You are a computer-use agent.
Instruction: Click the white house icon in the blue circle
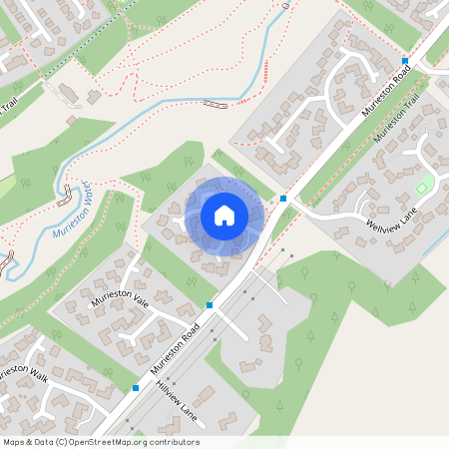pos(224,215)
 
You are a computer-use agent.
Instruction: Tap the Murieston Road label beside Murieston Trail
pos(386,88)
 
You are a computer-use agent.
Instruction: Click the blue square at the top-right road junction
pos(405,60)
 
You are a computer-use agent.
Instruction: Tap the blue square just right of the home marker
pos(283,199)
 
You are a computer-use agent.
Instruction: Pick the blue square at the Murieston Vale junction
pos(210,304)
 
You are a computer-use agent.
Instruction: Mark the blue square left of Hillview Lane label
pos(135,387)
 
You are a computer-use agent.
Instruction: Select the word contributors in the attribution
pos(176,442)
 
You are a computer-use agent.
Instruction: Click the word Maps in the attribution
pos(15,442)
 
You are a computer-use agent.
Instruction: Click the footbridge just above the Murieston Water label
pos(67,190)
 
